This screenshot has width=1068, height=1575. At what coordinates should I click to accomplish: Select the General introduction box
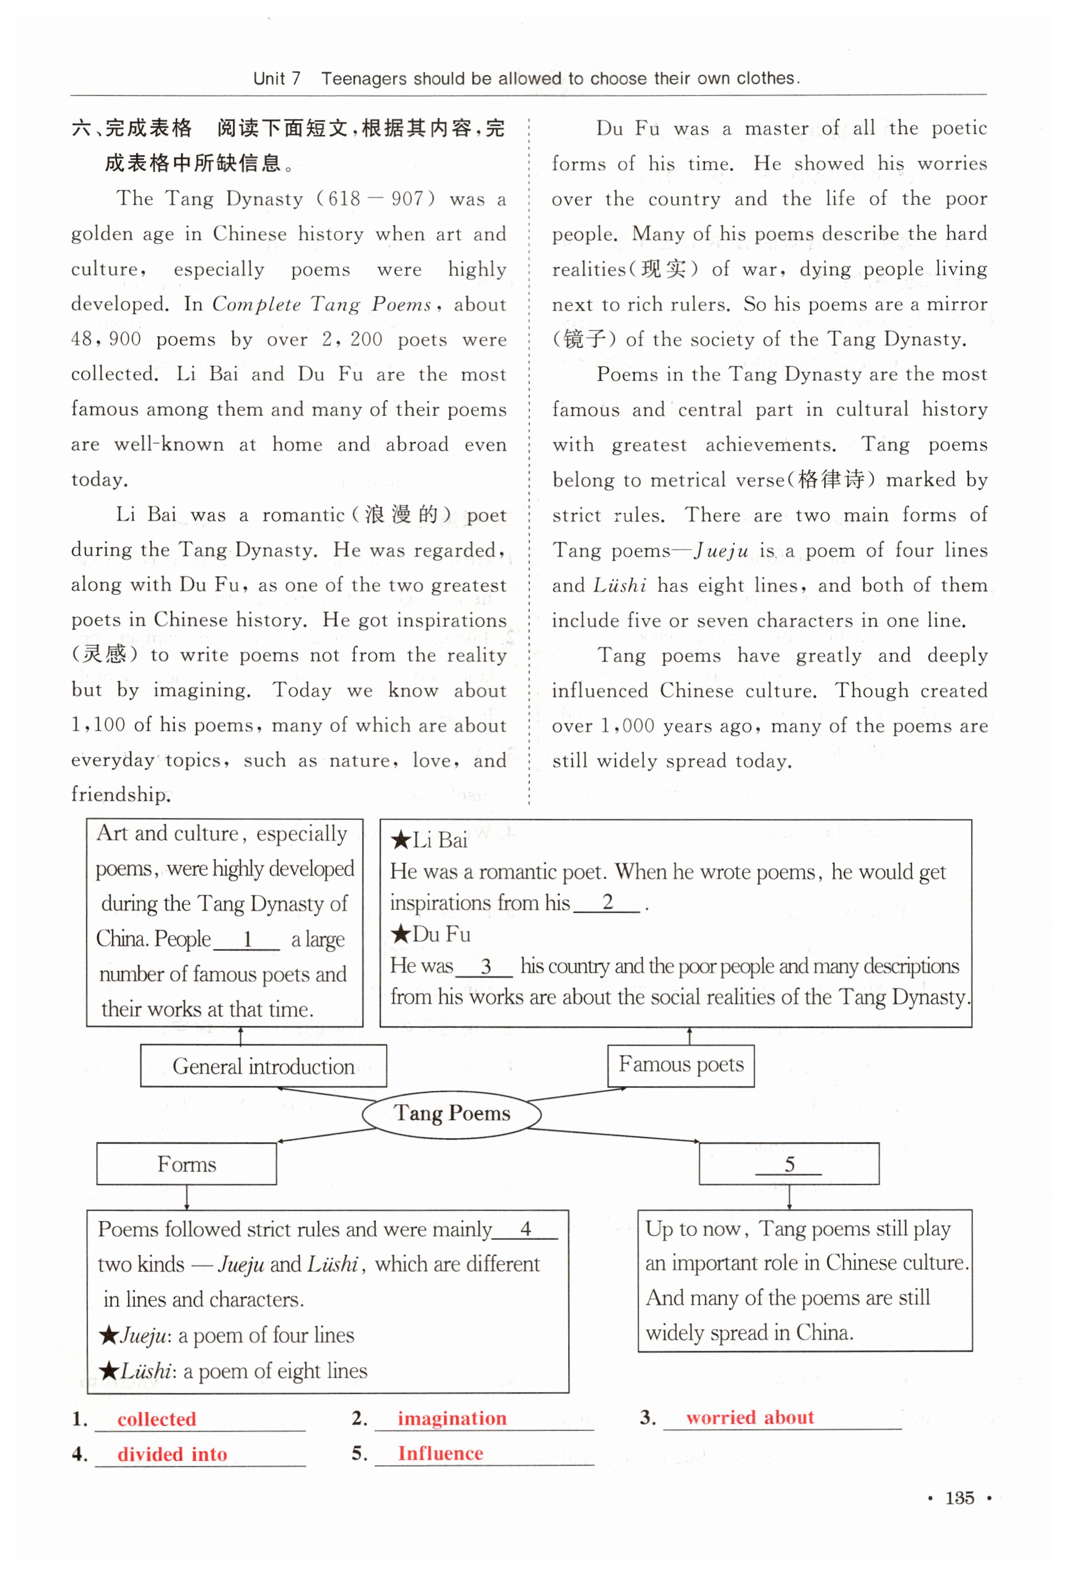tap(263, 1066)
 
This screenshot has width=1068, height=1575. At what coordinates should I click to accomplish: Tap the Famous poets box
tap(681, 1065)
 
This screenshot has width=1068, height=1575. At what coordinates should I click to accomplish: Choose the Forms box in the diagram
tap(187, 1164)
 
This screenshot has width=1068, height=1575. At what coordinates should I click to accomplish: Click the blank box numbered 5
tap(788, 1164)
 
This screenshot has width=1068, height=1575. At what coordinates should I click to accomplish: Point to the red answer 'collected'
tap(157, 1418)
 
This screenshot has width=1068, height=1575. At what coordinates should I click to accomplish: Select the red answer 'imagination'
tap(452, 1418)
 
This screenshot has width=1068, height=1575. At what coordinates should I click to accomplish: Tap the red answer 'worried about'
tap(749, 1417)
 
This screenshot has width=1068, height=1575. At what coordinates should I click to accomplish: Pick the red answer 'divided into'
tap(172, 1454)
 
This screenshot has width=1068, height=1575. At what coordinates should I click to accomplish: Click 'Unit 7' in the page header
tap(277, 78)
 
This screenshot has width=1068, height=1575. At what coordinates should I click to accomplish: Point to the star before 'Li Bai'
tap(401, 841)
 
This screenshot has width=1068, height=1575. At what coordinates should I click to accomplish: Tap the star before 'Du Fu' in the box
tap(401, 934)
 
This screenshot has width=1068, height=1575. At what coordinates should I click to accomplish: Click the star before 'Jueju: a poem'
tap(109, 1336)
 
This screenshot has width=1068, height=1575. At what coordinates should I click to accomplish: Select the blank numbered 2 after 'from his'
tap(607, 903)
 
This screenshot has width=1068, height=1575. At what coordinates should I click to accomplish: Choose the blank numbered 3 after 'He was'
tap(484, 966)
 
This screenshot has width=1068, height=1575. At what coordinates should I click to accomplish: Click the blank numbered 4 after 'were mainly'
tap(525, 1230)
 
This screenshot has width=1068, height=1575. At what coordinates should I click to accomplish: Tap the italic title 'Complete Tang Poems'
tap(322, 304)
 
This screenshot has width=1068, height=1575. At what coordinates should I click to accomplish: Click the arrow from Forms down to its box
tap(187, 1197)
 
